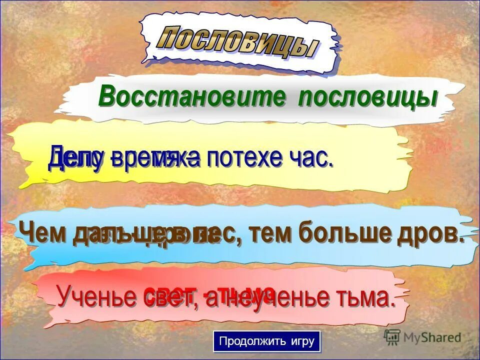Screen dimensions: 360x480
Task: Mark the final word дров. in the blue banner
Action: click(x=433, y=233)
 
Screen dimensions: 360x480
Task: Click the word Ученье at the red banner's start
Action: click(x=97, y=297)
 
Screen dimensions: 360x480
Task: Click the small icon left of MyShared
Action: click(x=392, y=337)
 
